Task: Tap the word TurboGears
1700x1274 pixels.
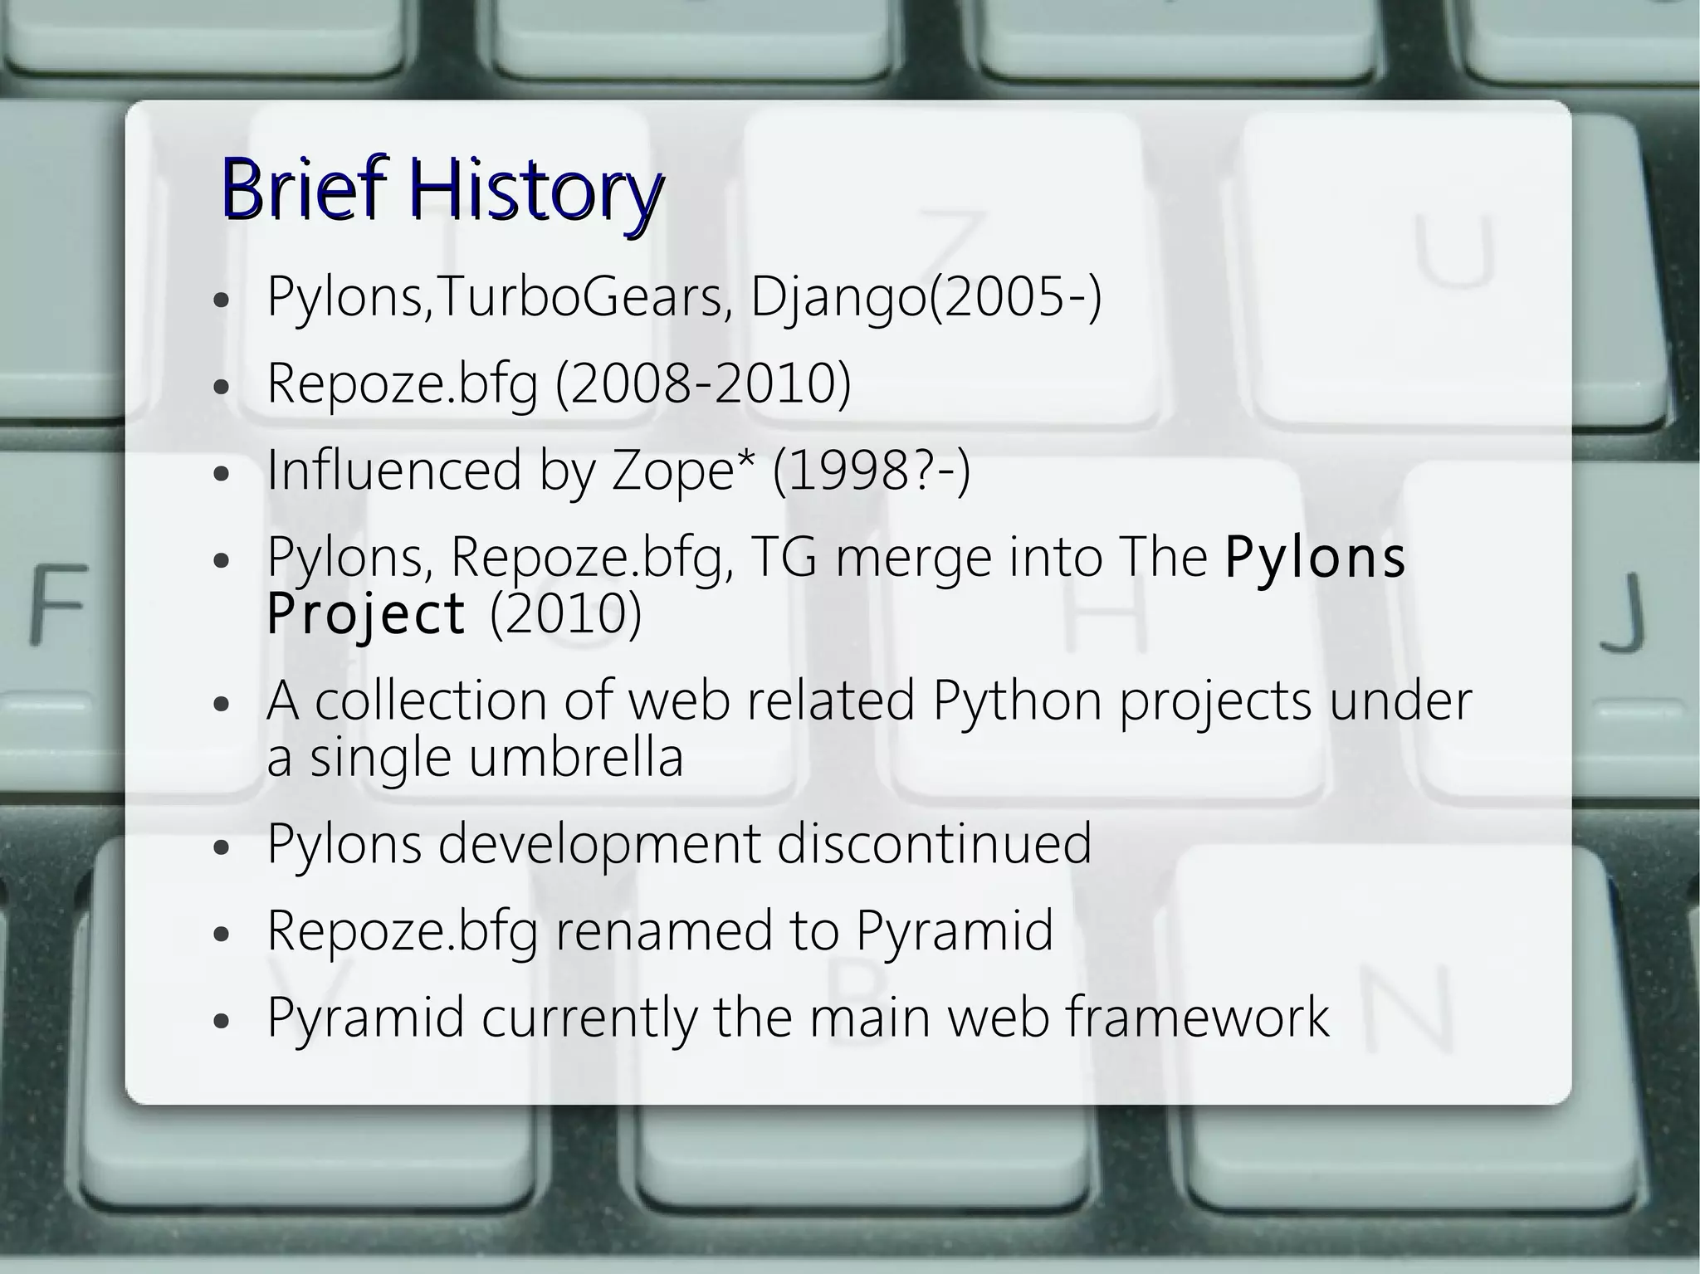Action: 579,297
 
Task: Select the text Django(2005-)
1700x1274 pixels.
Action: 926,297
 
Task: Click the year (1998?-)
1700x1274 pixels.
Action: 871,471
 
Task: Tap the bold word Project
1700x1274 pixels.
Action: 366,613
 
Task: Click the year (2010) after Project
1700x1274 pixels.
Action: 566,613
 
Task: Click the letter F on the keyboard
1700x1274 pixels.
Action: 58,603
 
